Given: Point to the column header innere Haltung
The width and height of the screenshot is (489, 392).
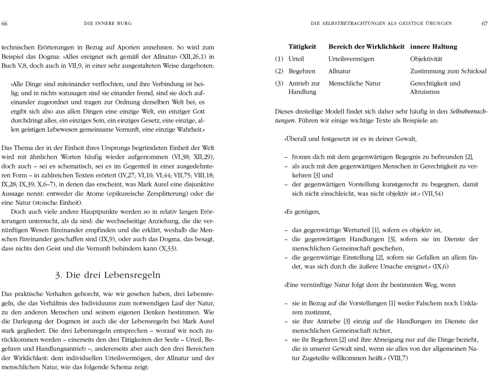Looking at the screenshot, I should (x=434, y=47).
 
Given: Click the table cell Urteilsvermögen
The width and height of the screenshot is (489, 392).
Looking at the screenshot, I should (x=352, y=59).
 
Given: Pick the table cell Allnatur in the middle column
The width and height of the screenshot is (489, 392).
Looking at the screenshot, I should (x=340, y=71).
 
